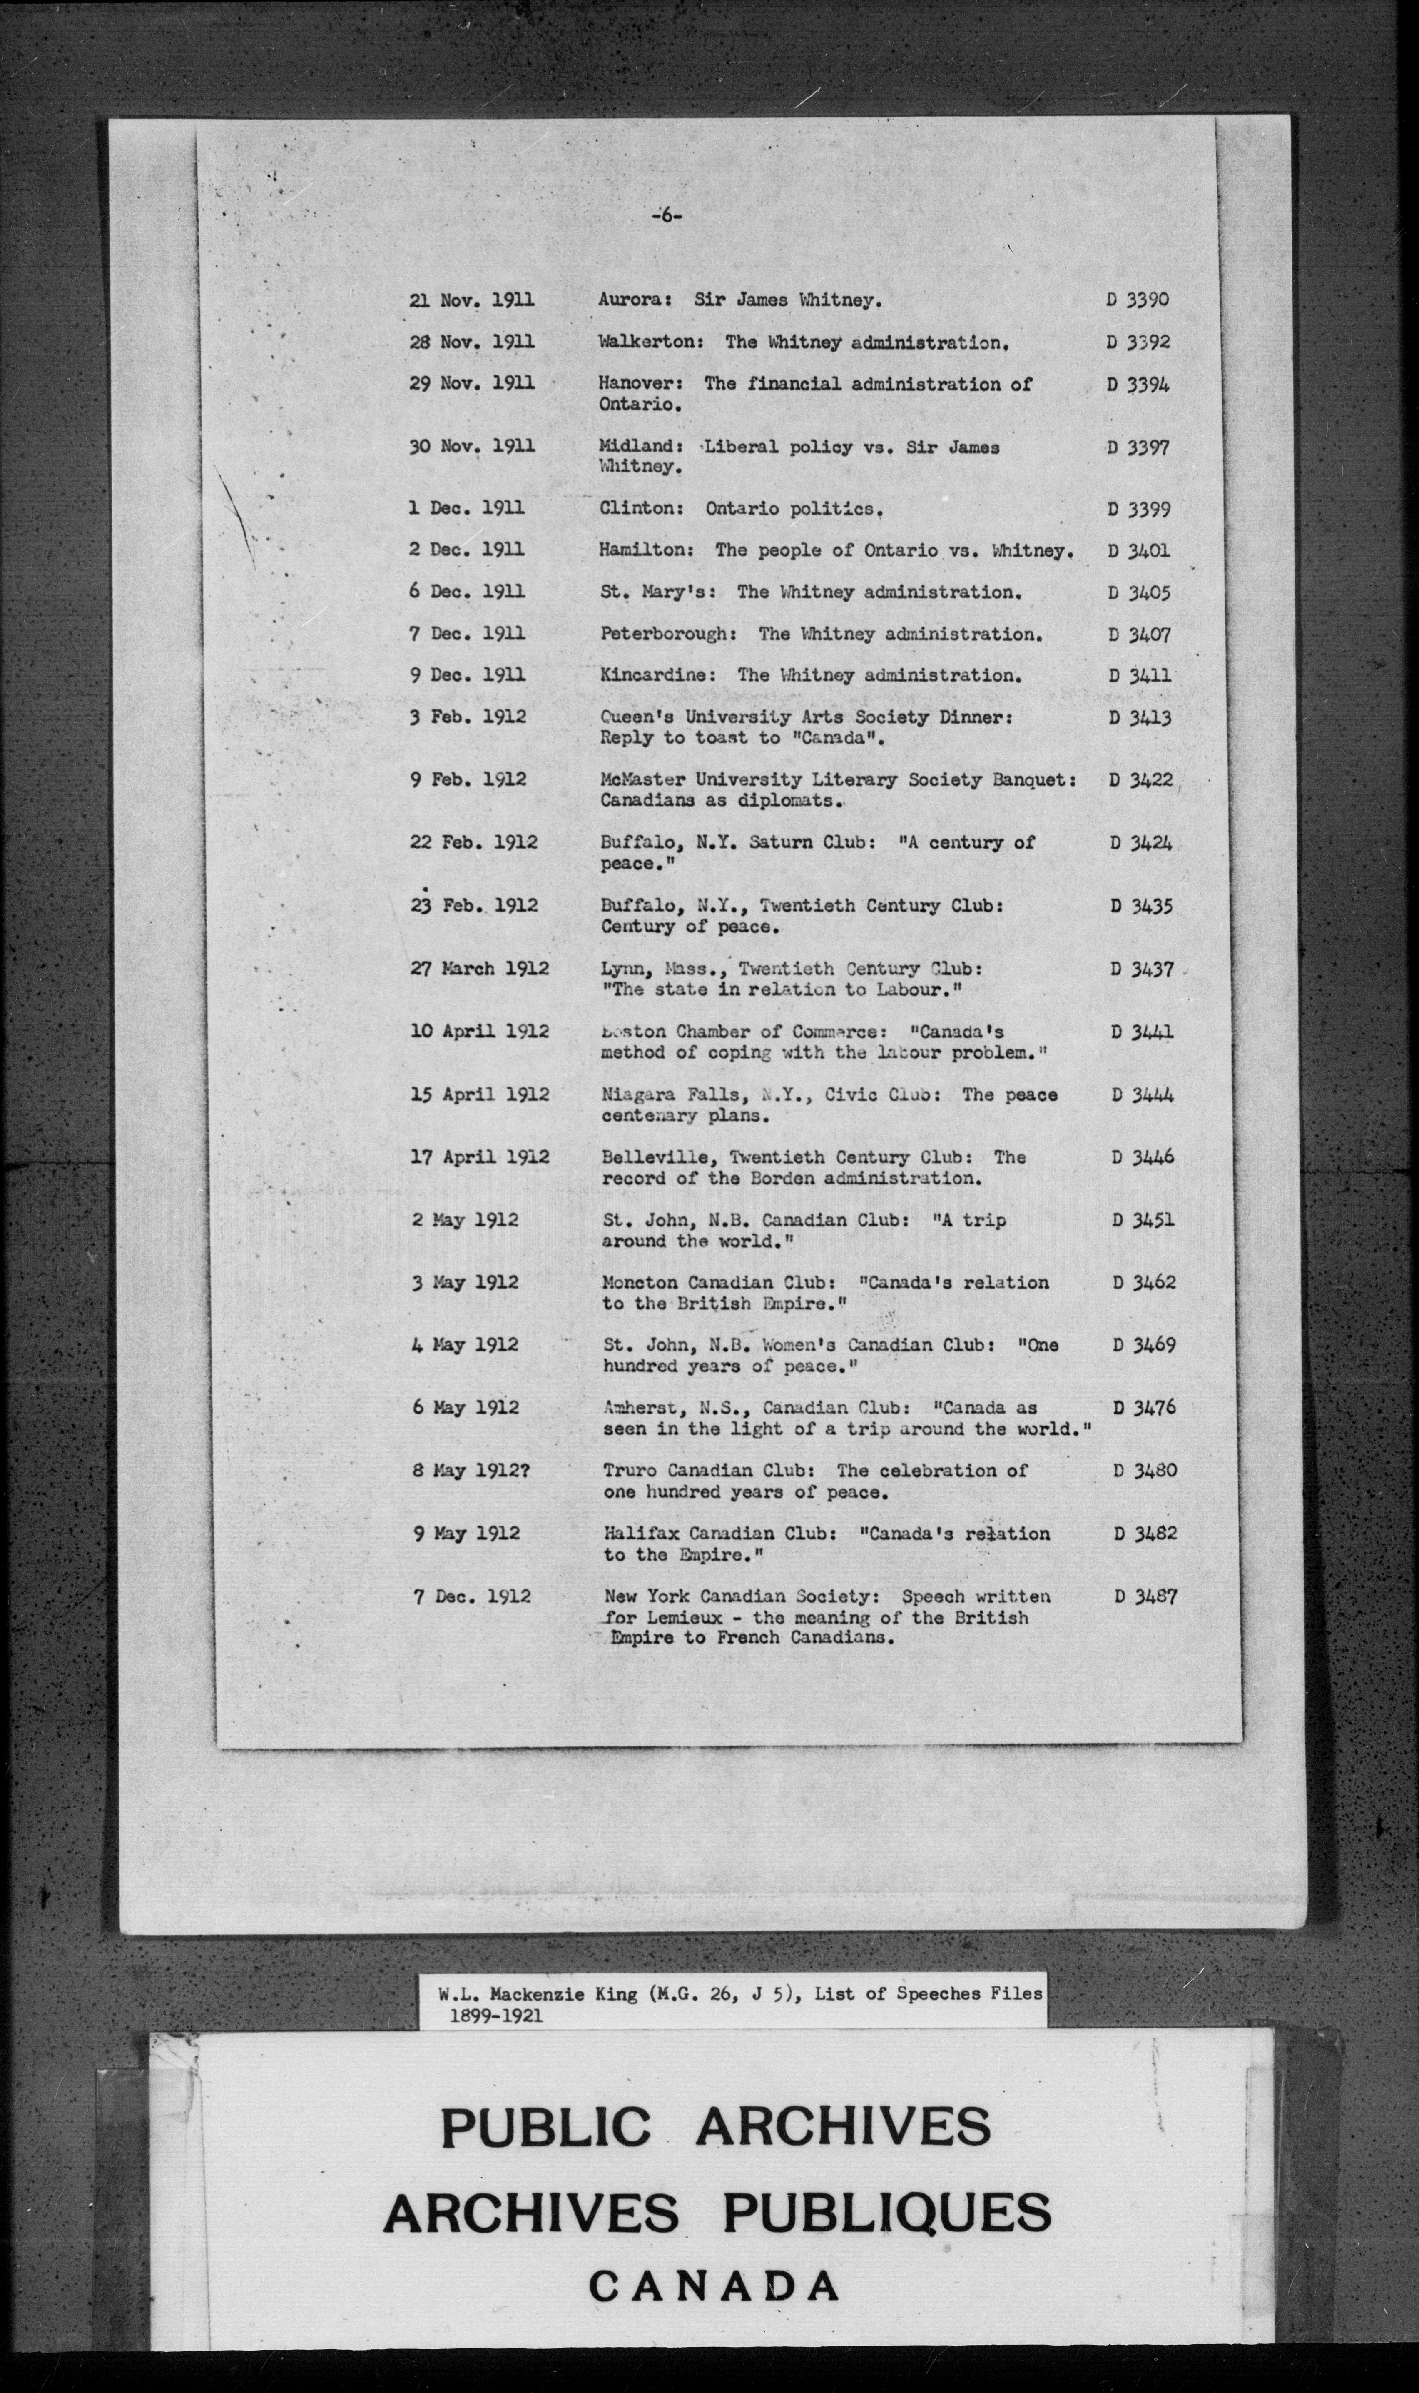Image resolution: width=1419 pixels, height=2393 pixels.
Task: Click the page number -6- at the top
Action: tap(667, 217)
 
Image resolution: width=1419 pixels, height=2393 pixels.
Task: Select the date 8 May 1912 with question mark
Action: tap(471, 1471)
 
